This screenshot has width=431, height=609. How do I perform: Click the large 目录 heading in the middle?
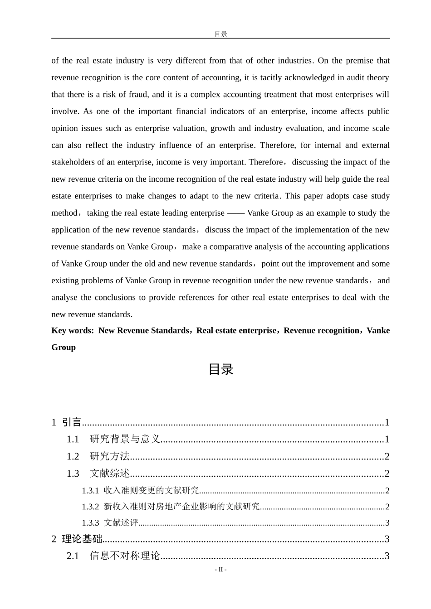[220, 369]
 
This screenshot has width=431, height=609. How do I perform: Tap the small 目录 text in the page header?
[220, 34]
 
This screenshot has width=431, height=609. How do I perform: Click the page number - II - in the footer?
[220, 570]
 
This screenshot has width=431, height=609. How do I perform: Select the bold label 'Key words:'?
[73, 330]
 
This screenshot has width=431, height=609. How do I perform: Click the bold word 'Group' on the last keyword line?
[64, 348]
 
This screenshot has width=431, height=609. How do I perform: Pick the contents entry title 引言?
[72, 422]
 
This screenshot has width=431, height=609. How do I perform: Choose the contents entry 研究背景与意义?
[125, 439]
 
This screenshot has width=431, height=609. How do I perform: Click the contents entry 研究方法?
[110, 456]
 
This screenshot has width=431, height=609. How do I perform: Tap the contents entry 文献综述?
[110, 474]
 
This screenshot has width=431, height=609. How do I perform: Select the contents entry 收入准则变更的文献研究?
[152, 490]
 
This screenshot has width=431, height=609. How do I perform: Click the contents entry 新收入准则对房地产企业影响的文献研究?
[181, 507]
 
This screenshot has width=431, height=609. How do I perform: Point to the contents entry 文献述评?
[121, 522]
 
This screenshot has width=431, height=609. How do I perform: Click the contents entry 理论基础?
[82, 539]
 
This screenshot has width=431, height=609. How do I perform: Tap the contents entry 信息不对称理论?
[125, 556]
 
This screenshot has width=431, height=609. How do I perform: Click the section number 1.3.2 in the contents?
[90, 507]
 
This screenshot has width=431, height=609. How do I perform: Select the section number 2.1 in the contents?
[73, 556]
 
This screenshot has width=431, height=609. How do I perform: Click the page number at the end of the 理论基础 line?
[387, 539]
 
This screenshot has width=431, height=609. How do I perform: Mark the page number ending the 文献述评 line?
[387, 522]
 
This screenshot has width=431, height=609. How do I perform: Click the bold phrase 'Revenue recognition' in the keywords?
[321, 330]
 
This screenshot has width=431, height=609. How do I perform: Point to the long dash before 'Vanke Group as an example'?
[236, 213]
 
